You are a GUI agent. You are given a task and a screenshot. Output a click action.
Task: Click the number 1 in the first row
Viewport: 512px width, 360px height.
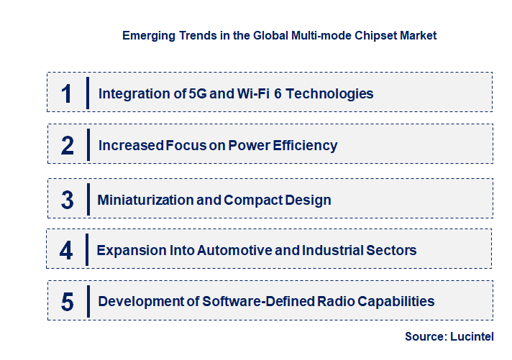click(67, 93)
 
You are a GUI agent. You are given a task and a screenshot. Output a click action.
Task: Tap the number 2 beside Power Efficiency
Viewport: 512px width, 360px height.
click(68, 145)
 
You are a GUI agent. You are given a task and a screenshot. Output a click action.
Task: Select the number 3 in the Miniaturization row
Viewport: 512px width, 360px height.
click(68, 200)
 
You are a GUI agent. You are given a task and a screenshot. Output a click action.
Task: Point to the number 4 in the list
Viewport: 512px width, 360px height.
click(67, 250)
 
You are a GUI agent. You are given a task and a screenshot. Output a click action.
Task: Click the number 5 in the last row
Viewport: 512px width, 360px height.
click(68, 302)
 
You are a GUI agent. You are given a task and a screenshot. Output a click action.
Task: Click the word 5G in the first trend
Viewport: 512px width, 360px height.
click(196, 93)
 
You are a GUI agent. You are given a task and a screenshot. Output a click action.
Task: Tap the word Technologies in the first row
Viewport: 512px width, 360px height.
click(334, 93)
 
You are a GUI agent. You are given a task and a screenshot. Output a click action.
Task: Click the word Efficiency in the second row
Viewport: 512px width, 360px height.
click(304, 145)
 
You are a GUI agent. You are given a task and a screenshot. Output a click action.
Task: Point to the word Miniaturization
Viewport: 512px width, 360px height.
click(145, 200)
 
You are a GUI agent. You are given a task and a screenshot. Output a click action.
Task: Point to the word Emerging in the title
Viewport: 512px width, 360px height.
click(148, 34)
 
